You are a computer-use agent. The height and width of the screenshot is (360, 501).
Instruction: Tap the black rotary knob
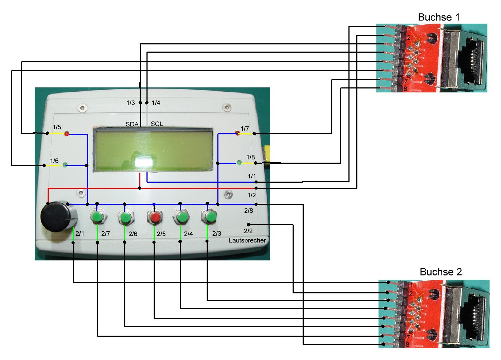[58, 217]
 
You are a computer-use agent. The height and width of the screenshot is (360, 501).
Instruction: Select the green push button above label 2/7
[97, 217]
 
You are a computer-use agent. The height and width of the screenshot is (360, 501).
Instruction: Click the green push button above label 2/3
[209, 217]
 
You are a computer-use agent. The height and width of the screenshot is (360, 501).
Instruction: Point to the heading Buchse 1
[438, 17]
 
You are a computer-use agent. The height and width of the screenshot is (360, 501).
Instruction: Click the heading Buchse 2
[440, 272]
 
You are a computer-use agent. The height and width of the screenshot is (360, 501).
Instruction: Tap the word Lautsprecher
[247, 240]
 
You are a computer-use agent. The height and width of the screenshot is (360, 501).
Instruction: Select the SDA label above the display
[132, 124]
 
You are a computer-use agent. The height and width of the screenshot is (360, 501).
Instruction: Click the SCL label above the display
[157, 124]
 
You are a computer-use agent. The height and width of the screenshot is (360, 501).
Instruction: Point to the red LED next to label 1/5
[66, 134]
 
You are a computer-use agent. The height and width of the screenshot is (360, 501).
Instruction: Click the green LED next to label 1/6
[65, 165]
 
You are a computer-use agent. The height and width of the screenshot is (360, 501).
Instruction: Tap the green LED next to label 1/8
[239, 163]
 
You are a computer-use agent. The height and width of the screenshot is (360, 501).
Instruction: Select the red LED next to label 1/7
[237, 133]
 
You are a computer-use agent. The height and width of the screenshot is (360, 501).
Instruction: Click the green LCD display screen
[153, 150]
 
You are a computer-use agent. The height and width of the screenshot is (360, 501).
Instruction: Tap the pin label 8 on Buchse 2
[407, 345]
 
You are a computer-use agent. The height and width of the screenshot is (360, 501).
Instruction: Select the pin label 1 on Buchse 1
[409, 29]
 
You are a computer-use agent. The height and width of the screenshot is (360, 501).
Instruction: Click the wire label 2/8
[249, 211]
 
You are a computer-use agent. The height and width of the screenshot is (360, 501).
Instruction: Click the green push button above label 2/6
[125, 217]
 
